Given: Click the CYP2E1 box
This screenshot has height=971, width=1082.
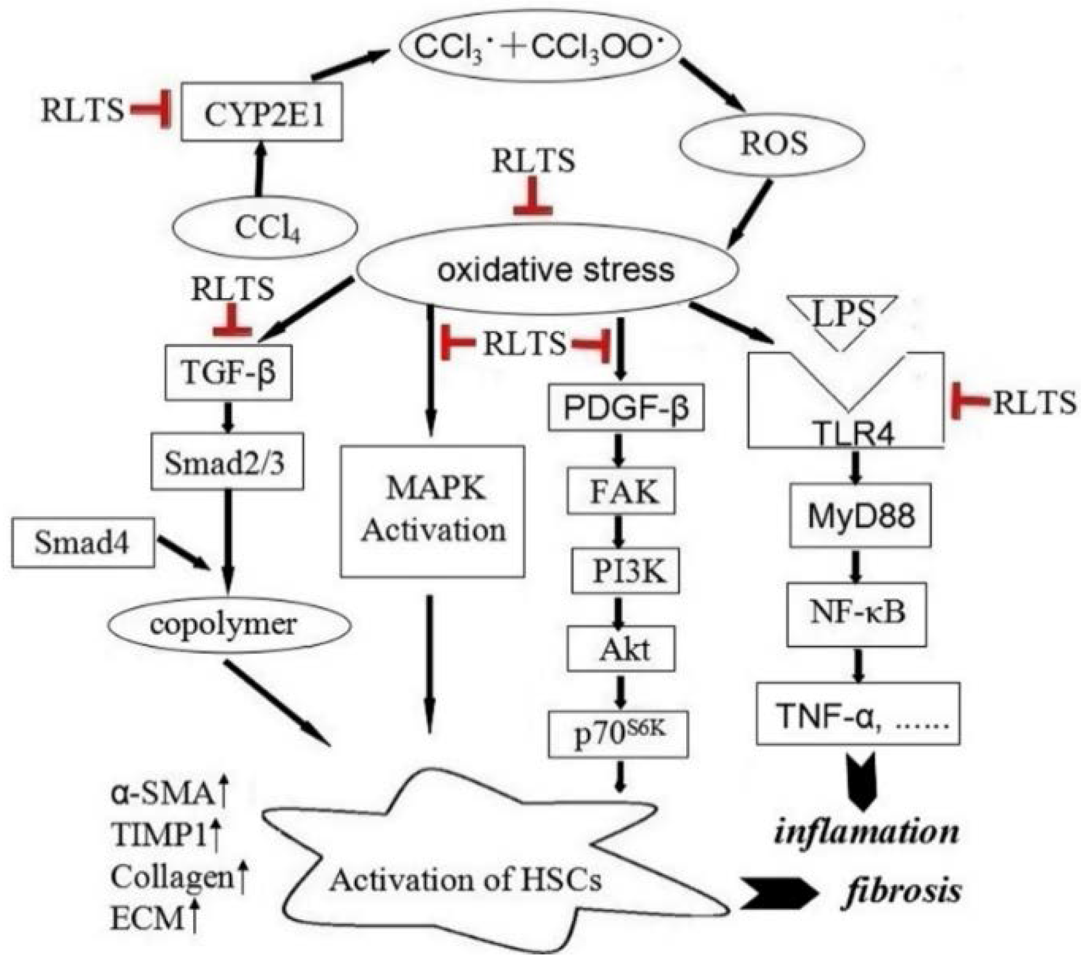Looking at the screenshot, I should pyautogui.click(x=262, y=112).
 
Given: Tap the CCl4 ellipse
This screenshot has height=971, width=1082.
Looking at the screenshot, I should pyautogui.click(x=266, y=227).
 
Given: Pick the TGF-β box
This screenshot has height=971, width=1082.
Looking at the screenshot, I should pyautogui.click(x=229, y=373).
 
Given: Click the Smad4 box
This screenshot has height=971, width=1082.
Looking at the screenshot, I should pyautogui.click(x=83, y=542).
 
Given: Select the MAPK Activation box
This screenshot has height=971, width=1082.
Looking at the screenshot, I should pyautogui.click(x=432, y=511).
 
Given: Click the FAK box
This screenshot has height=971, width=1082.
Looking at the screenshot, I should pyautogui.click(x=622, y=491).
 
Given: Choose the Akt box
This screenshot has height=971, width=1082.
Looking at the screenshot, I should pyautogui.click(x=622, y=649).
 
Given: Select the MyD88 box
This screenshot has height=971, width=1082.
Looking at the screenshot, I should pyautogui.click(x=860, y=516).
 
